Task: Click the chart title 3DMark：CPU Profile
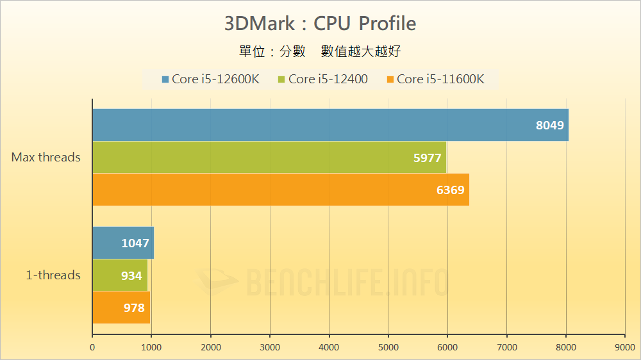tap(320, 24)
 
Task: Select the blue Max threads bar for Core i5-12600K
tap(330, 125)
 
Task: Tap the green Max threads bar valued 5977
tap(269, 157)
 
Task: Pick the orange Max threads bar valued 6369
tap(281, 190)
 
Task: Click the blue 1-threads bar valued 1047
tap(123, 243)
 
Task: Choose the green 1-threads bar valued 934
tap(120, 275)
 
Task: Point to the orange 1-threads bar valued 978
tap(121, 307)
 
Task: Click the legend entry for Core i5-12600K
tap(211, 79)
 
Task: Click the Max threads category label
tap(46, 157)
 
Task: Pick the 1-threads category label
tap(53, 275)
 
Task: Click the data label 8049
tap(550, 126)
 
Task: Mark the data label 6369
tap(451, 190)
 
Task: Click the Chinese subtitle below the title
tap(319, 51)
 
